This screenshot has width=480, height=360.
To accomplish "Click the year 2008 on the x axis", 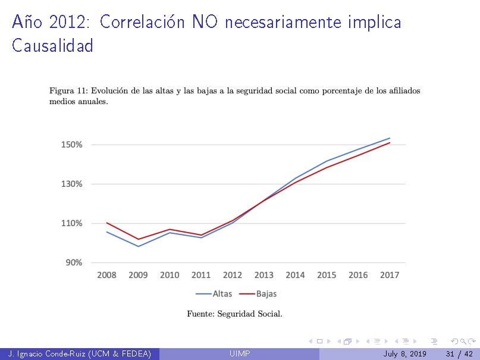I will pyautogui.click(x=106, y=275).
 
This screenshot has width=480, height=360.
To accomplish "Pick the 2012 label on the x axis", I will pyautogui.click(x=233, y=275).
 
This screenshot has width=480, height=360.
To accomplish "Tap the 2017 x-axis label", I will pyautogui.click(x=390, y=275).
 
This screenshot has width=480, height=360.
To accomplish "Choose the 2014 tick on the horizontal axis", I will pyautogui.click(x=295, y=275).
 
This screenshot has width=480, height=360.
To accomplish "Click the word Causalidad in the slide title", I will pyautogui.click(x=52, y=46).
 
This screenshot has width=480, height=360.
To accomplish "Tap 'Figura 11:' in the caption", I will pyautogui.click(x=68, y=91).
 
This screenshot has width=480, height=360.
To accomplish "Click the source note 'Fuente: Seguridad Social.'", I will pyautogui.click(x=234, y=314).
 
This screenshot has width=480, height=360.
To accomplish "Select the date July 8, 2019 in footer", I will pyautogui.click(x=404, y=355).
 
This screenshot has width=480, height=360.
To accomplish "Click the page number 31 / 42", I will pyautogui.click(x=459, y=355).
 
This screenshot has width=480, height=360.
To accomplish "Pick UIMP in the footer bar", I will pyautogui.click(x=240, y=355).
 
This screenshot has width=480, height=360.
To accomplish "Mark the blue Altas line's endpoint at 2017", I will pyautogui.click(x=390, y=138).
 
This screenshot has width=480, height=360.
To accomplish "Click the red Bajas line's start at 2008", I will pyautogui.click(x=106, y=223).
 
